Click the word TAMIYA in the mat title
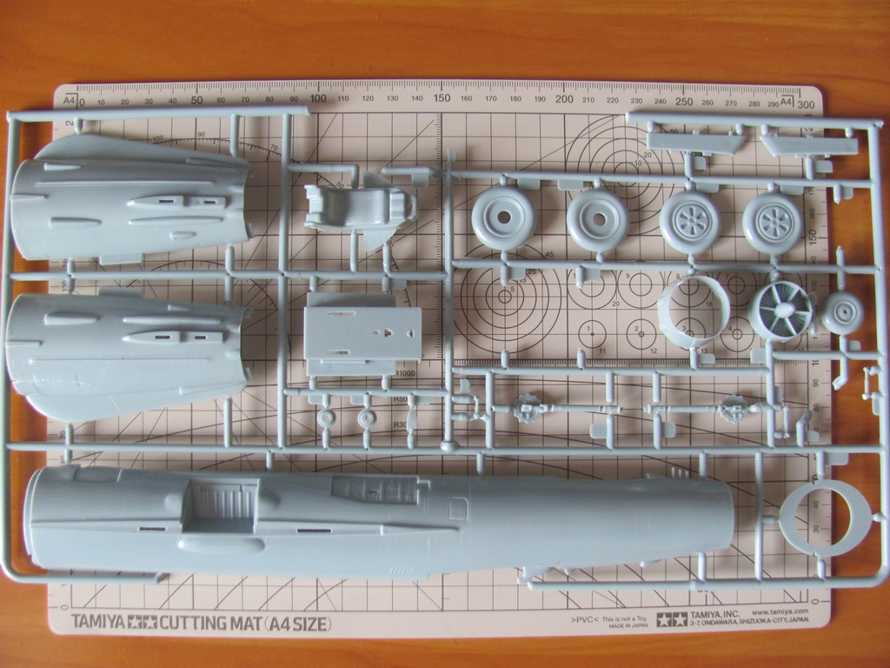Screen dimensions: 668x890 pyautogui.click(x=98, y=622)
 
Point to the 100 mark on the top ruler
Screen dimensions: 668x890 pyautogui.click(x=318, y=98)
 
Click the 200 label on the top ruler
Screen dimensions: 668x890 pyautogui.click(x=564, y=98)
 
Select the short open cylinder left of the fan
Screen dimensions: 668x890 pyautogui.click(x=693, y=311)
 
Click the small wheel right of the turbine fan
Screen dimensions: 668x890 pyautogui.click(x=842, y=313)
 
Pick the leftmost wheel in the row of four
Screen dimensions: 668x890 pyautogui.click(x=504, y=218)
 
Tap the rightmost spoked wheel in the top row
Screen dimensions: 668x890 pyautogui.click(x=773, y=223)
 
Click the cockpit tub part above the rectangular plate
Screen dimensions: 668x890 pyautogui.click(x=358, y=205)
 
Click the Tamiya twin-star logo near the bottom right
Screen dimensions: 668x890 pyautogui.click(x=671, y=618)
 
